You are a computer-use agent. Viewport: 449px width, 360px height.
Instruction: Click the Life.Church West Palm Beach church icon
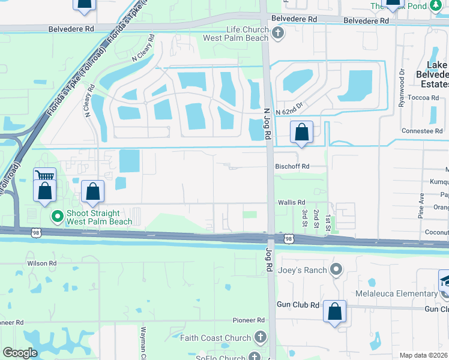coord(277,34)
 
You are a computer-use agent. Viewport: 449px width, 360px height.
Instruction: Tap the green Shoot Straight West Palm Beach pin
coord(58,217)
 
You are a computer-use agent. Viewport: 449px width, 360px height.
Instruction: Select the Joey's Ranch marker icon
coord(337,269)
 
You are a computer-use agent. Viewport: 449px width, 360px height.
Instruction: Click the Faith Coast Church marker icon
coord(260,337)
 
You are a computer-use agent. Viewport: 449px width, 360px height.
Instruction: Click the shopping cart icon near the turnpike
coord(44,176)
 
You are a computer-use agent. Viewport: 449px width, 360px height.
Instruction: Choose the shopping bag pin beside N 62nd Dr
coord(302,131)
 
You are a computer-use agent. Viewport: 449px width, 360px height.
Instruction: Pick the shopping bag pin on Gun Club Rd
coord(334,311)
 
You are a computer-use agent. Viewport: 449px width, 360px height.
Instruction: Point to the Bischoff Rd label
coord(292,166)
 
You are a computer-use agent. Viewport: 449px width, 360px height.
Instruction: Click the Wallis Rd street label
coord(291,203)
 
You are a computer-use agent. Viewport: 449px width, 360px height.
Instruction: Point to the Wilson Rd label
coord(41,263)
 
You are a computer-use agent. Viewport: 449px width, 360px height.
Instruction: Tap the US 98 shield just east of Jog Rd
coord(289,239)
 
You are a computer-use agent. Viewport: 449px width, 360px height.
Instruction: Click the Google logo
coord(20,353)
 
